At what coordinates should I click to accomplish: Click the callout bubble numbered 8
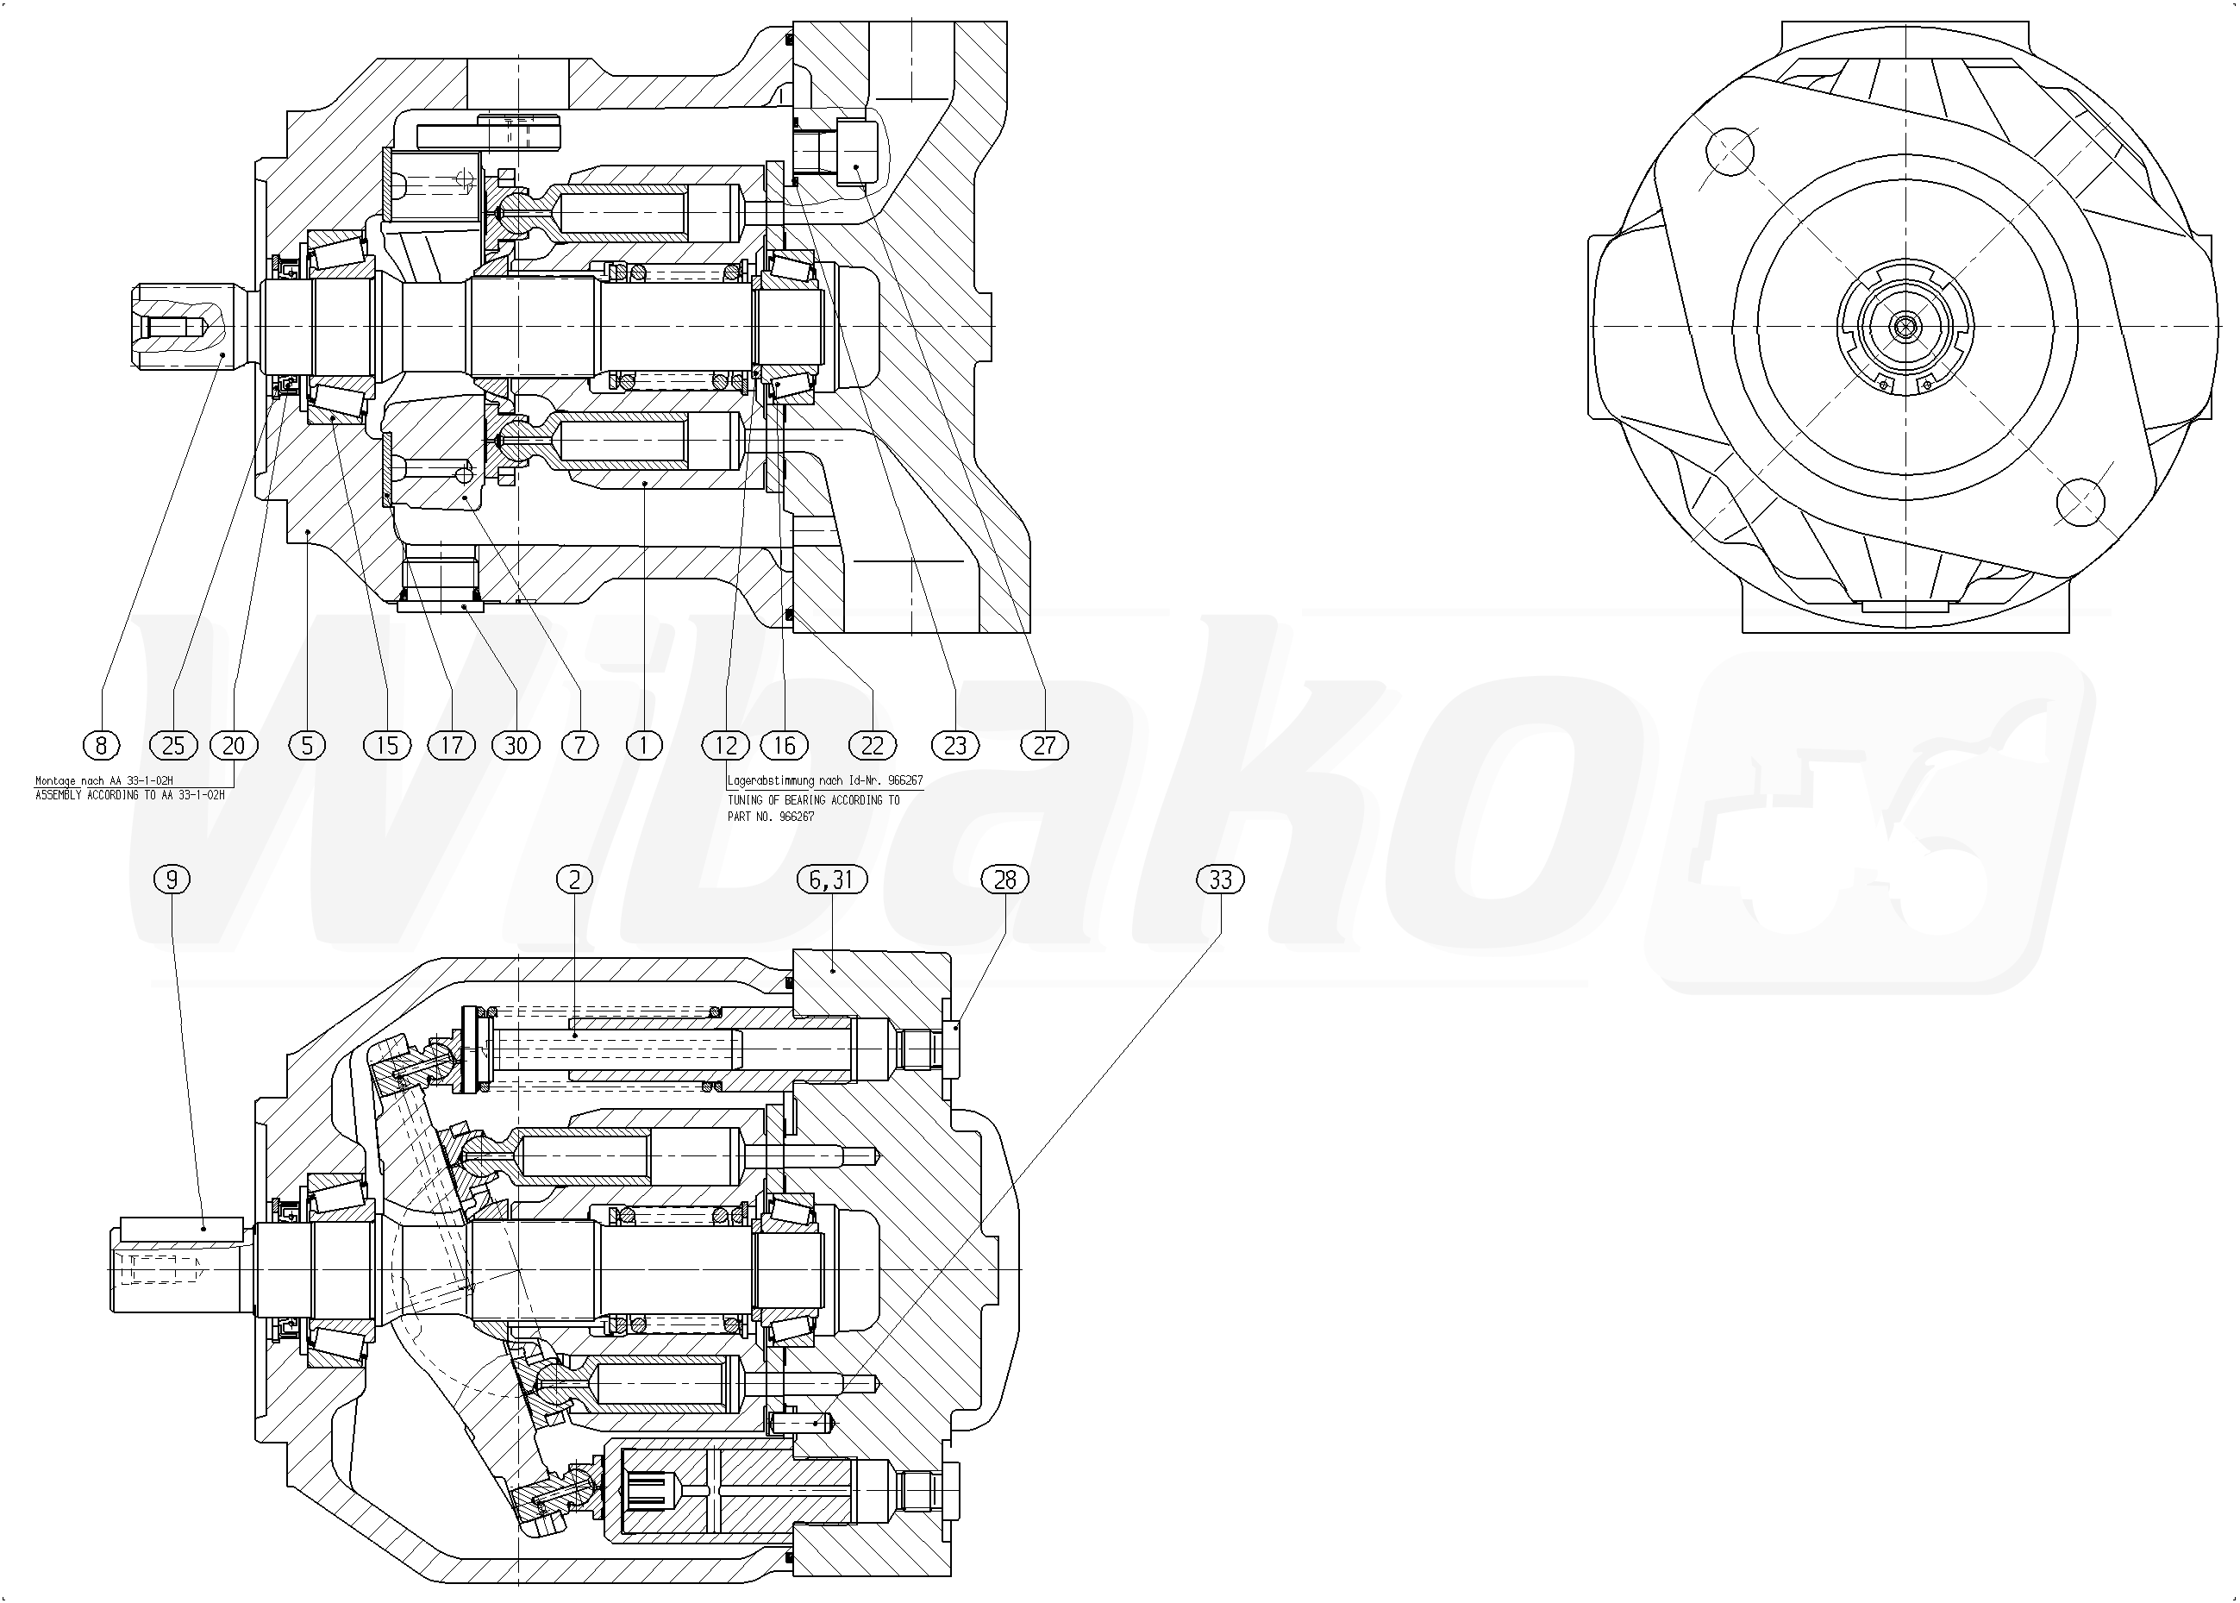tap(101, 745)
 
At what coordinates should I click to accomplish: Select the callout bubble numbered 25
tap(172, 745)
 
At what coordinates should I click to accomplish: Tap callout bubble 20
tap(234, 745)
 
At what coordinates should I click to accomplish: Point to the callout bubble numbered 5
tap(307, 745)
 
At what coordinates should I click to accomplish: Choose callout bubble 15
tap(387, 745)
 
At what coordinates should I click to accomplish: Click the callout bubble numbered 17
tap(451, 745)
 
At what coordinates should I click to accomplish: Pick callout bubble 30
tap(516, 745)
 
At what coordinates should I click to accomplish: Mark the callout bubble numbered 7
tap(579, 745)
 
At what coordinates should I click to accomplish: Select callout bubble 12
tap(726, 745)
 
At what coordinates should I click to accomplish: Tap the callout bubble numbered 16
tap(785, 745)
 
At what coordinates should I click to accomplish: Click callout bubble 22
tap(873, 745)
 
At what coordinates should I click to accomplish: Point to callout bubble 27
tap(1044, 745)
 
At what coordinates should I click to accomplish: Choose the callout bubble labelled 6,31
tap(832, 879)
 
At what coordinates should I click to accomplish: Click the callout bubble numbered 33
tap(1221, 879)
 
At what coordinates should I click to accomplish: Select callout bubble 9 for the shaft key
tap(172, 879)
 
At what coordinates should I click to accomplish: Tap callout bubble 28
tap(1004, 879)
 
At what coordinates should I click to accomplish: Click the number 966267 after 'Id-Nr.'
tap(905, 780)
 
